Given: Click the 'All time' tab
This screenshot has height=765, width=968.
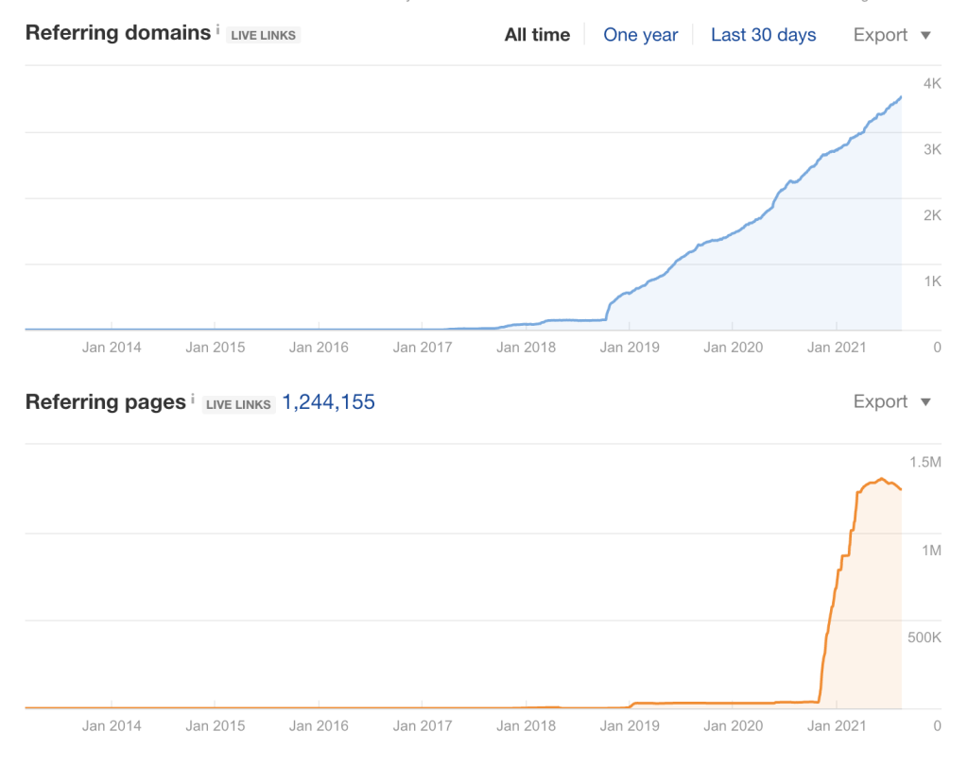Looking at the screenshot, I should (x=537, y=35).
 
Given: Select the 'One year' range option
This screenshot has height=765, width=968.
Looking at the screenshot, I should (x=640, y=35).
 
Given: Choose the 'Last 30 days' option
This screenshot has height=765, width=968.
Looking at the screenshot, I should (x=763, y=35).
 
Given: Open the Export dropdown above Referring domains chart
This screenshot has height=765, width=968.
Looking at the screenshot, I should (x=891, y=35).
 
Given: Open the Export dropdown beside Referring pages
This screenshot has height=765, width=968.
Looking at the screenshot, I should (x=891, y=402).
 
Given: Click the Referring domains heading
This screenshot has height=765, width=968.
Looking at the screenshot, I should (x=118, y=33).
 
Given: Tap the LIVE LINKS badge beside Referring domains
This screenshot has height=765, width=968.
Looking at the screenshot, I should (x=264, y=36).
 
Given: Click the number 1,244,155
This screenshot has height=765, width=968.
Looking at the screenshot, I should (x=328, y=402).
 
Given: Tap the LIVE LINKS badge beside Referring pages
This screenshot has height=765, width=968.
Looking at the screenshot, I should (x=239, y=404).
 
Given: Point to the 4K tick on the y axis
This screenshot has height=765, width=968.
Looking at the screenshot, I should (x=932, y=83).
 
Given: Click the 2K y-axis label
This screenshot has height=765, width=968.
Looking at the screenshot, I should (x=932, y=215).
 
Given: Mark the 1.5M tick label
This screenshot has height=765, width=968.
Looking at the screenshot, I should (x=925, y=462).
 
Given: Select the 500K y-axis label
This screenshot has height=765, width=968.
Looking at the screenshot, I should (x=924, y=637).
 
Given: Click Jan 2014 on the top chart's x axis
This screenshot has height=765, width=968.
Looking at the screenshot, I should (x=112, y=348).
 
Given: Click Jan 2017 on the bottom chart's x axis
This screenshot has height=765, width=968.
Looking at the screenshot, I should (x=422, y=726).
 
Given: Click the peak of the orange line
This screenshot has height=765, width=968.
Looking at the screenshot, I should (x=881, y=479).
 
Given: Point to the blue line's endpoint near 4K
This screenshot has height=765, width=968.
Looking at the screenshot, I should (x=901, y=96).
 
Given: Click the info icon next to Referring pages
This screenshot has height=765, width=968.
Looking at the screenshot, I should (x=193, y=399).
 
